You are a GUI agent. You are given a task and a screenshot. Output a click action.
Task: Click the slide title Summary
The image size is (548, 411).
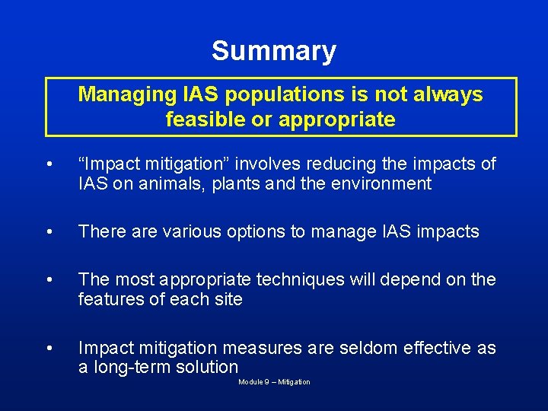click(x=273, y=51)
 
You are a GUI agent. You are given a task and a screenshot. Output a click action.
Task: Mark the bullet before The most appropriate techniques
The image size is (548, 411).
click(x=49, y=281)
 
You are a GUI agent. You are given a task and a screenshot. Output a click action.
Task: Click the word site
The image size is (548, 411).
click(x=228, y=299)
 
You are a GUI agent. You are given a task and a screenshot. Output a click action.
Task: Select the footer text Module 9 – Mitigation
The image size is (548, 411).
click(x=274, y=382)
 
